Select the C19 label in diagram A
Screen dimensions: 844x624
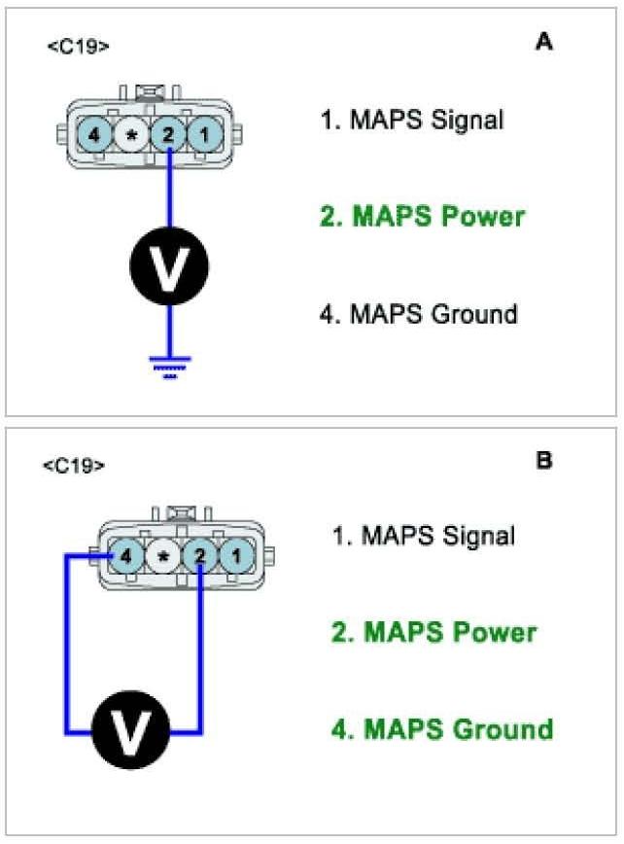pyautogui.click(x=78, y=46)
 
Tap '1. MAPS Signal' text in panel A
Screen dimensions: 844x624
pyautogui.click(x=412, y=121)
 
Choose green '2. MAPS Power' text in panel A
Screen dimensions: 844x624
pyautogui.click(x=422, y=216)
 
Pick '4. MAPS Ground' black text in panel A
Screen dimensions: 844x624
pyautogui.click(x=419, y=314)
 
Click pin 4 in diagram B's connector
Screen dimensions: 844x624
pyautogui.click(x=125, y=557)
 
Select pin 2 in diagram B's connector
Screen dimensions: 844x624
pyautogui.click(x=199, y=557)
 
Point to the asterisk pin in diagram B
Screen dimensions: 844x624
pyautogui.click(x=162, y=557)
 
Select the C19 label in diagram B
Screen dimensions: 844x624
pyautogui.click(x=74, y=466)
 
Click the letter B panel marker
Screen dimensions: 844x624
pyautogui.click(x=544, y=460)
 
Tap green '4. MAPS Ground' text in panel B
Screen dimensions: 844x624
pyautogui.click(x=442, y=728)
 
